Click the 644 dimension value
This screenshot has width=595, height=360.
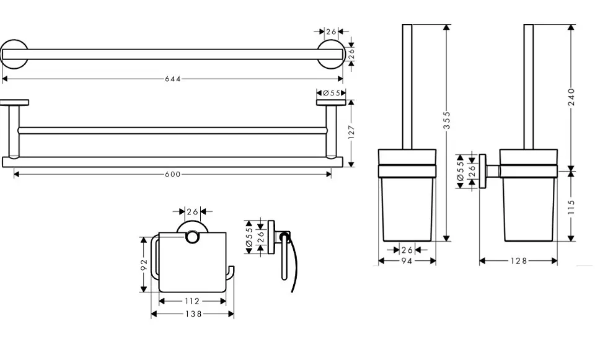(x=173, y=79)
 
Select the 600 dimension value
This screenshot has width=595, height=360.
(x=173, y=175)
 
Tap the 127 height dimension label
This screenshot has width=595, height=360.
(x=351, y=132)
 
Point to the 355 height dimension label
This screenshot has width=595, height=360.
(x=447, y=120)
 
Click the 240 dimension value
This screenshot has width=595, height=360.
(x=572, y=97)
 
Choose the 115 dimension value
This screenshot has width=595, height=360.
(x=572, y=207)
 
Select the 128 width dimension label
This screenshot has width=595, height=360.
(x=519, y=261)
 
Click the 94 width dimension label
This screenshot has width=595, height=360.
(x=407, y=261)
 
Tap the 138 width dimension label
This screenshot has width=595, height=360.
(x=193, y=314)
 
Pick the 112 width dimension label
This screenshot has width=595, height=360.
(x=192, y=301)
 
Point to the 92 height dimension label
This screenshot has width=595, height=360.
(x=144, y=265)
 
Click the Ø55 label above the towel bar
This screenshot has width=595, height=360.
(x=331, y=93)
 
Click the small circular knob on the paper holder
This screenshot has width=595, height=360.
(x=192, y=237)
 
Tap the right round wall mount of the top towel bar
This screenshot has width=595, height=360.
(x=330, y=55)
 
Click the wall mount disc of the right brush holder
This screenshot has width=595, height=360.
(x=483, y=171)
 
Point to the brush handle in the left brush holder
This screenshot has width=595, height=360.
(x=407, y=87)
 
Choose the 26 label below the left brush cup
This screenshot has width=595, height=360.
(x=407, y=250)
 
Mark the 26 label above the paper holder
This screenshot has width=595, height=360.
(x=192, y=212)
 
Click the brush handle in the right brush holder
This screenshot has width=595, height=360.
(x=529, y=87)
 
